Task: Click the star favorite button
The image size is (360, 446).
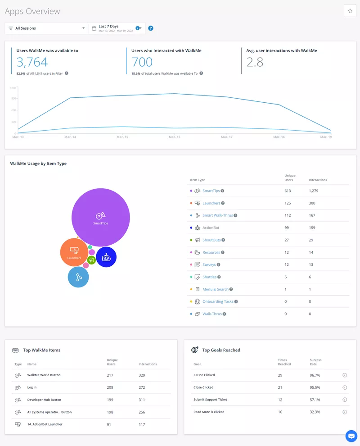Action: coord(350,11)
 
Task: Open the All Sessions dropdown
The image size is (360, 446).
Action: coord(46,28)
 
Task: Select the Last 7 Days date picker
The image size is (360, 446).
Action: coord(116,28)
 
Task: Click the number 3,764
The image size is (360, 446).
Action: coord(32,62)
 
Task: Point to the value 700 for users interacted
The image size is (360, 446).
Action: coord(142,62)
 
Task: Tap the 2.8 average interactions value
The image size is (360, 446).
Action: coord(255,62)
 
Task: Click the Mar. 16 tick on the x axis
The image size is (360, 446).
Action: coord(175,137)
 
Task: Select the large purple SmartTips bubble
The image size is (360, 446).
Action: coord(101,217)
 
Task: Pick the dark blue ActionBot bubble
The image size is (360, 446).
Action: coord(106,257)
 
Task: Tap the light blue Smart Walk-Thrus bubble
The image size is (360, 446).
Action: coord(78,277)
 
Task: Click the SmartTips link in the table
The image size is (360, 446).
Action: coord(211,191)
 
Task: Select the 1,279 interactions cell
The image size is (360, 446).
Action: coord(314,191)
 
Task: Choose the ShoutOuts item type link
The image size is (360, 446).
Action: coord(211,240)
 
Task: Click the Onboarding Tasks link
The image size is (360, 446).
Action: coord(218,301)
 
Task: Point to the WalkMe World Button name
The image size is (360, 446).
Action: coord(44,375)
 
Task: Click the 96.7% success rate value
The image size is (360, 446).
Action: coord(315,375)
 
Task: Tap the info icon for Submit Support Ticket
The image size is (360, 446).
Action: coord(345,400)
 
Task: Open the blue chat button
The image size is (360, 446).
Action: coord(351,436)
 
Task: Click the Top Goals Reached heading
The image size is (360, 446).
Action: coord(221,350)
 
